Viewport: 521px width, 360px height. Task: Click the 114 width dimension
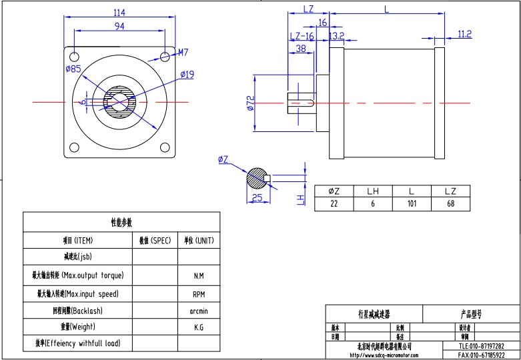pos(120,13)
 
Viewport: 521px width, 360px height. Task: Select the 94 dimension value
pos(120,26)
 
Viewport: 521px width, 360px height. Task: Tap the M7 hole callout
pos(183,51)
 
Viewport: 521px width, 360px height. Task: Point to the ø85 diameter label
pos(73,69)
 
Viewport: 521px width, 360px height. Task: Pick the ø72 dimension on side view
pos(250,103)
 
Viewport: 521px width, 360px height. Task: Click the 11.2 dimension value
pos(465,33)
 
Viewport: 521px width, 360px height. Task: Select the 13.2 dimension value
pos(336,35)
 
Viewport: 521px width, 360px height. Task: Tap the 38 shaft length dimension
pos(301,49)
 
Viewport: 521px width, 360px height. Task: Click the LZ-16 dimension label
pos(302,36)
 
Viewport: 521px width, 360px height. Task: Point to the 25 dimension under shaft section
pos(256,198)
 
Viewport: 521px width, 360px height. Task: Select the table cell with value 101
pos(412,204)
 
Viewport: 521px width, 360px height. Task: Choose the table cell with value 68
pos(450,204)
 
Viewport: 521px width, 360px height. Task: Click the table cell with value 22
pos(334,204)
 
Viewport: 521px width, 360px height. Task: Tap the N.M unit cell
pos(199,275)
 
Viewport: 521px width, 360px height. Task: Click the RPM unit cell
pos(199,293)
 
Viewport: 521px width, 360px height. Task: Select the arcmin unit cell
pos(199,311)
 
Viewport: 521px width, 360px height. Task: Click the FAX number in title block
pos(481,355)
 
